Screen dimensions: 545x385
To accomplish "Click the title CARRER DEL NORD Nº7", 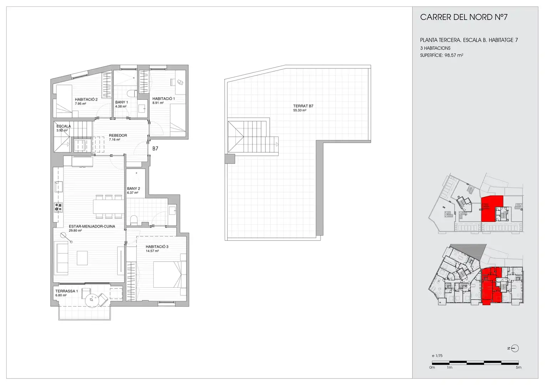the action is point(464,17).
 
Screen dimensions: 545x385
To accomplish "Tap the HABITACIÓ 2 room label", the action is point(86,99).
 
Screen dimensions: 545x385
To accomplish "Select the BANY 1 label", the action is point(121,102).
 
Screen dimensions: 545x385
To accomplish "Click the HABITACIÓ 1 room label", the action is point(163,98).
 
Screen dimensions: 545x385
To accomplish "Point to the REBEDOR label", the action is point(118,135).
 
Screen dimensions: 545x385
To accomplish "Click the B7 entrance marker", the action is point(155,148).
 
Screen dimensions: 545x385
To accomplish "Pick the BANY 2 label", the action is point(133,189).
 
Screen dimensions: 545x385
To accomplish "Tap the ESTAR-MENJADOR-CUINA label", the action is point(92,226).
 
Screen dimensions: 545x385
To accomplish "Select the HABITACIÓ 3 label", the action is point(157,247).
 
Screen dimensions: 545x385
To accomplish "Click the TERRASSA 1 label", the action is point(67,291).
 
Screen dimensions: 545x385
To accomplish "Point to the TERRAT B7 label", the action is point(303,106).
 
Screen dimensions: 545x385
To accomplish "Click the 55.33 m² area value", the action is point(300,111).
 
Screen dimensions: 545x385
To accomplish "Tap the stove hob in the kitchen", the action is point(58,207).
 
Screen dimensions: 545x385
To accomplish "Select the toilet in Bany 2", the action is point(134,220).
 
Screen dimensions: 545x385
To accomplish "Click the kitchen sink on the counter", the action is point(58,187).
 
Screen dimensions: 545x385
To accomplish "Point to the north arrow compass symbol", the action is point(515,349).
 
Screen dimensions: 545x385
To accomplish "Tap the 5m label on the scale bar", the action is point(519,368).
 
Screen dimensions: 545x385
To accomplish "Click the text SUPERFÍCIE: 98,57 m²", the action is point(442,55).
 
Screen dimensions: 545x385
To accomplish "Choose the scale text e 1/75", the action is point(437,355).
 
